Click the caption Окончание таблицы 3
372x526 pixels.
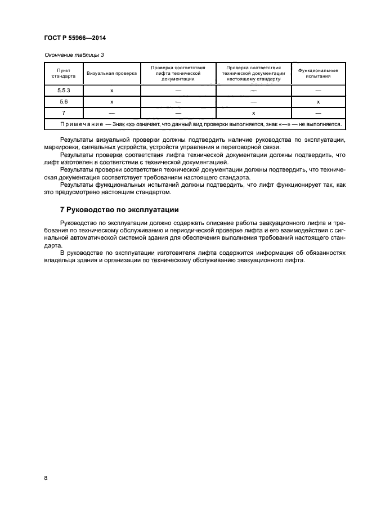point(74,55)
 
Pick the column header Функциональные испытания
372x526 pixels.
point(318,73)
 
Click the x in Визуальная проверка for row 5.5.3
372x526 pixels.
point(112,91)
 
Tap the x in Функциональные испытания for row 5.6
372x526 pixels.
point(318,102)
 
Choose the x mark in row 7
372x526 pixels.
point(253,113)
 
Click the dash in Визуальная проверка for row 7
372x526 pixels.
point(112,113)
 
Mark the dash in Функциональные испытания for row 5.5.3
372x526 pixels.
point(318,91)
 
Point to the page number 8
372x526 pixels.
point(45,478)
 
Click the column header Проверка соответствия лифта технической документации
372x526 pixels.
point(178,73)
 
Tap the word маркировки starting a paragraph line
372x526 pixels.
point(59,147)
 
